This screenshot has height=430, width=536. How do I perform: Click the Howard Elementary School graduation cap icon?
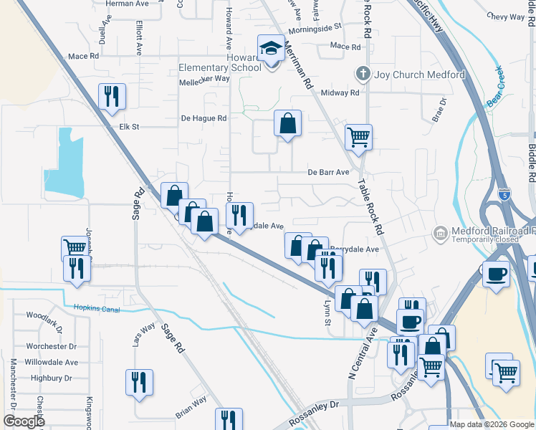point(271,49)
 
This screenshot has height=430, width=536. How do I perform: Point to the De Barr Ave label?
point(328,172)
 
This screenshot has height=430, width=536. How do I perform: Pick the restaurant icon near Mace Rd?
point(111,97)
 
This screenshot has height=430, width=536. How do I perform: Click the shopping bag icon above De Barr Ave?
point(287,123)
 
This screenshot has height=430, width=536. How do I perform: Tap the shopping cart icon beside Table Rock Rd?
point(358,136)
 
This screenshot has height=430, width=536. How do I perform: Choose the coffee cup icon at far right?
point(496,273)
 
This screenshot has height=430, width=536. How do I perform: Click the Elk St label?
point(128,127)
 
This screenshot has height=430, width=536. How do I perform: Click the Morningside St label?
point(315,31)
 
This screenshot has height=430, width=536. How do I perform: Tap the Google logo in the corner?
point(23,421)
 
